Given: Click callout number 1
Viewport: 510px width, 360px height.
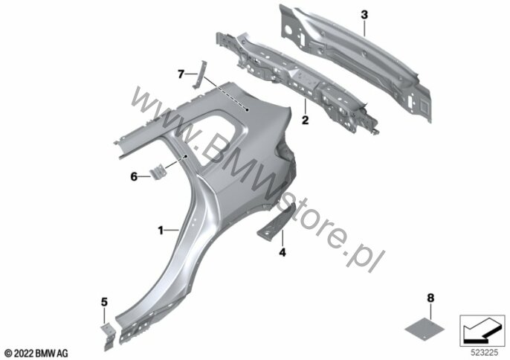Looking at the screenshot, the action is pyautogui.click(x=161, y=231).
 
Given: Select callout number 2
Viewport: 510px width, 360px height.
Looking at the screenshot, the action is pyautogui.click(x=305, y=120).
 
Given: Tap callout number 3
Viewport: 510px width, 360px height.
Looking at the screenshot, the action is pyautogui.click(x=364, y=15).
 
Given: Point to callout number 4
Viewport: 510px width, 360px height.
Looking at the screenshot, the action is pyautogui.click(x=283, y=252).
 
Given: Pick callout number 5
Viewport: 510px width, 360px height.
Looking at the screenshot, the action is pyautogui.click(x=104, y=302).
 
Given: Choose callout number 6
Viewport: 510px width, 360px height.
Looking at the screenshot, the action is pyautogui.click(x=134, y=177).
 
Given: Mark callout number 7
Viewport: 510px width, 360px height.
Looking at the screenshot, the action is pyautogui.click(x=181, y=74).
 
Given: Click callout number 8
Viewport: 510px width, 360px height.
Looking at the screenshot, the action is pyautogui.click(x=430, y=298).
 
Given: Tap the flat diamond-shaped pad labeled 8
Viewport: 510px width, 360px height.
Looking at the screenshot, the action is pyautogui.click(x=425, y=330).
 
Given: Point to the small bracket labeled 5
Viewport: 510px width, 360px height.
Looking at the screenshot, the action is pyautogui.click(x=108, y=337).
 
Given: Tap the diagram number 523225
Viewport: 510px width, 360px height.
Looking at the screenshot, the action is pyautogui.click(x=484, y=353).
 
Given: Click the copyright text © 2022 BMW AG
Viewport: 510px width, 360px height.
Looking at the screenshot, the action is pyautogui.click(x=36, y=353).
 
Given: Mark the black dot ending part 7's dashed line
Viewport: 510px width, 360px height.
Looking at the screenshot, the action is pyautogui.click(x=247, y=110).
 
